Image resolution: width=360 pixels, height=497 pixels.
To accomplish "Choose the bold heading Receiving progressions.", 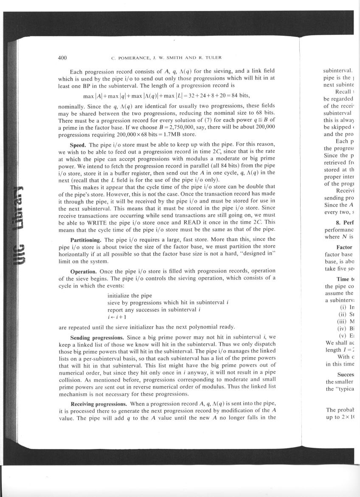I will click(97, 403).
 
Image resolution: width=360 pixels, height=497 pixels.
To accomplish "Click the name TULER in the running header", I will click(212, 58).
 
